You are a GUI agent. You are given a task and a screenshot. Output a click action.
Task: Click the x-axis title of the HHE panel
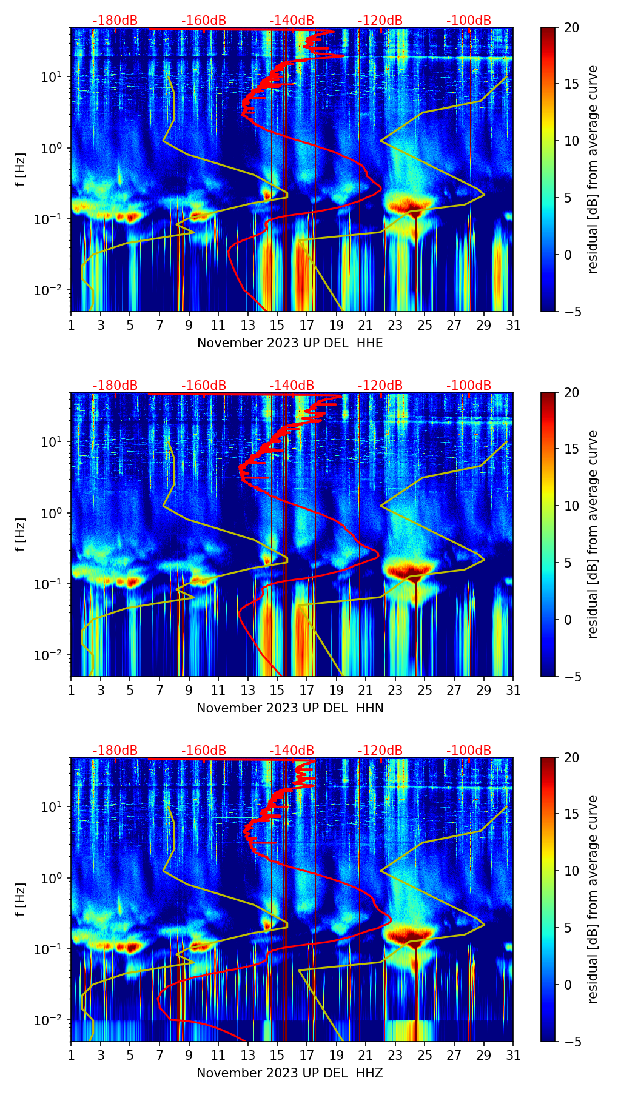tap(290, 343)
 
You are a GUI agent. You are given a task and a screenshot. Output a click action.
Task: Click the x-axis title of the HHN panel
tap(290, 708)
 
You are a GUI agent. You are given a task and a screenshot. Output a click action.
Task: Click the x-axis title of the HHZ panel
tap(290, 1073)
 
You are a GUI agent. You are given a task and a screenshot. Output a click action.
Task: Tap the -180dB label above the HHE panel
tap(115, 21)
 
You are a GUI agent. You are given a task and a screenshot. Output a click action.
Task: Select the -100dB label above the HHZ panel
tap(469, 751)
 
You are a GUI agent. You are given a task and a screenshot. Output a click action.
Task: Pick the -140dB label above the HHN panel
tap(292, 386)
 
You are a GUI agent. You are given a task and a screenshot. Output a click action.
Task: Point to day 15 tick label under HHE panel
tap(277, 325)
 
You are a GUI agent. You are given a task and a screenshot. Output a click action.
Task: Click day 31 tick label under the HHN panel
tap(513, 690)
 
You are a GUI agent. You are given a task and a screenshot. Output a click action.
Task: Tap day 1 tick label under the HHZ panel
tap(71, 1055)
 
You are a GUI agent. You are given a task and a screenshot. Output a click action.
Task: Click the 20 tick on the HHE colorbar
tap(571, 27)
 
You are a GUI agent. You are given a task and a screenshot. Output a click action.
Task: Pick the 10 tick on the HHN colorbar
tap(571, 506)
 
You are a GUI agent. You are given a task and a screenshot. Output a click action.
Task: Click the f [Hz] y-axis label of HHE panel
tap(21, 169)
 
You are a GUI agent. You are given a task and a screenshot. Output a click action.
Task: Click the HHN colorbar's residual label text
tap(593, 534)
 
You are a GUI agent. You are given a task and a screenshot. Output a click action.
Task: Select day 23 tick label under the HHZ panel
tap(395, 1055)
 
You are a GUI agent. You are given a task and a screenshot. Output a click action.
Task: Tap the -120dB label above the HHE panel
tap(380, 21)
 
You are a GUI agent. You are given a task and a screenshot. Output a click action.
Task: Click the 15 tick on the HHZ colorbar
tap(571, 814)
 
